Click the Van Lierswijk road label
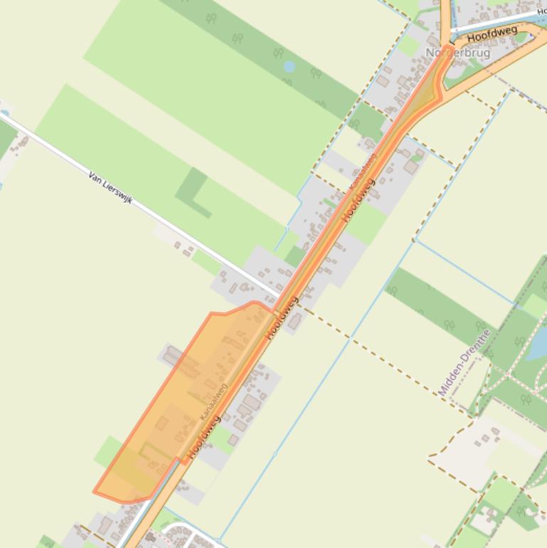[x=111, y=187]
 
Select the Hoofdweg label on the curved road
[x=492, y=32]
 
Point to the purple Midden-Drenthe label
[x=464, y=362]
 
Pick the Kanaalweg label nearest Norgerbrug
[x=362, y=172]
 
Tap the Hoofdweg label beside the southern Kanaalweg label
[x=204, y=436]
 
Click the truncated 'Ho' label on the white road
[x=541, y=11]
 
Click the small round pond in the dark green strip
[x=289, y=67]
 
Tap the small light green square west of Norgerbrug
[x=409, y=46]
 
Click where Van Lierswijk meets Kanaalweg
[x=280, y=297]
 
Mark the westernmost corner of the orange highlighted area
[x=94, y=491]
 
